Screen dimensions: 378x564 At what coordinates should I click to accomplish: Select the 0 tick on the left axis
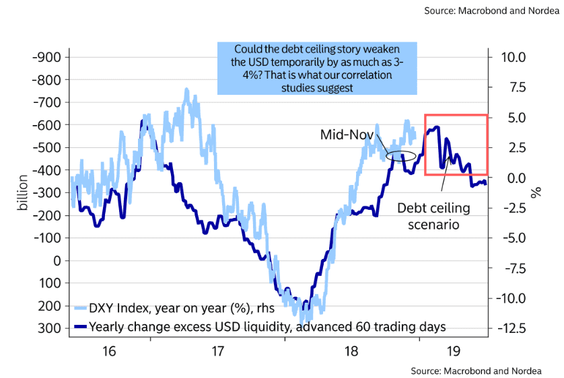(x=57, y=260)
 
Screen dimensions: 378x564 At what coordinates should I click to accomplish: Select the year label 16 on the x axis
(x=110, y=351)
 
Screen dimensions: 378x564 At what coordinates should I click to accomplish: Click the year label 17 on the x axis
(x=217, y=351)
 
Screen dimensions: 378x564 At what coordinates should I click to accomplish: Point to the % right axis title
(x=536, y=192)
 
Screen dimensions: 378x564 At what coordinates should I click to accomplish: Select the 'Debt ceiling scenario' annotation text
(x=433, y=216)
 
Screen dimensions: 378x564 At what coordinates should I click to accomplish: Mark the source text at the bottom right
(x=478, y=371)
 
